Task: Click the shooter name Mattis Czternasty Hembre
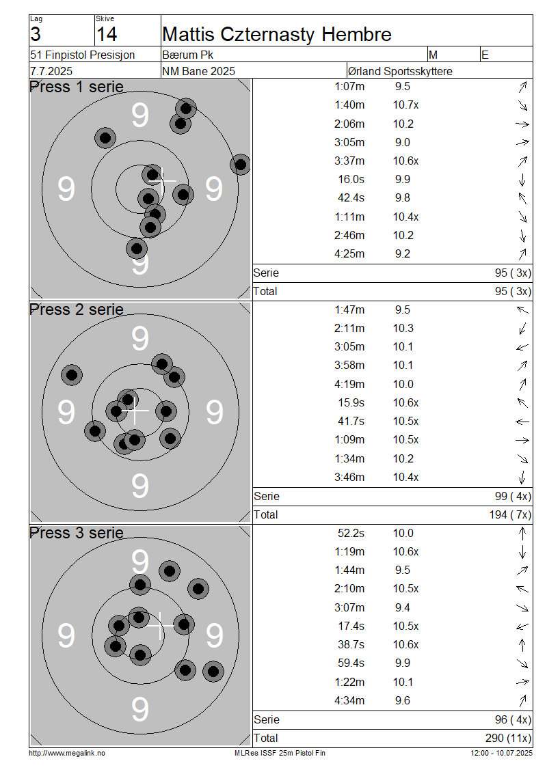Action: [276, 34]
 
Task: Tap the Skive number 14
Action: [107, 34]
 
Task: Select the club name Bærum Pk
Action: [188, 55]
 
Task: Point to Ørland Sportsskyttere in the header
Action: [400, 71]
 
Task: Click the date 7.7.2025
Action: [51, 71]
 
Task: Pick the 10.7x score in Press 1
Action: [405, 105]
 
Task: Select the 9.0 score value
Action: [403, 142]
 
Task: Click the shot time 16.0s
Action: [351, 179]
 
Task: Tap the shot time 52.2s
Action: [351, 533]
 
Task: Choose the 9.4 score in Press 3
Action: [403, 607]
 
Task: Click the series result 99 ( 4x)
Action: [513, 496]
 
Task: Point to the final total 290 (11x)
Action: [508, 738]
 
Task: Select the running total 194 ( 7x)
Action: [510, 514]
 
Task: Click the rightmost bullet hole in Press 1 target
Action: [241, 165]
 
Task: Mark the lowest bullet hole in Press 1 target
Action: [137, 249]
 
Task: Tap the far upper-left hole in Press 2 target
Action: [72, 375]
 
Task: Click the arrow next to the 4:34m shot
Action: [523, 700]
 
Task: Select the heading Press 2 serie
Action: [77, 309]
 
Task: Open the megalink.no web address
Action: [67, 753]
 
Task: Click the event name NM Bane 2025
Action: [198, 71]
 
